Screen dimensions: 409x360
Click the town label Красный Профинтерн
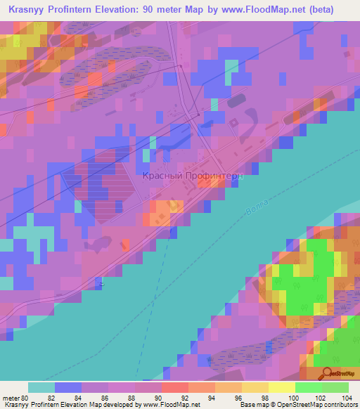[193, 176]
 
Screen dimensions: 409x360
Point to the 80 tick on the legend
[28, 397]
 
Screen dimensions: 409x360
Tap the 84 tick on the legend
[82, 397]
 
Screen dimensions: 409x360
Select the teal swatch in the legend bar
[41, 387]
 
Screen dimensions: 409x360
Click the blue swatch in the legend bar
[68, 387]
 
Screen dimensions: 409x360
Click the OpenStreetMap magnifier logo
[326, 375]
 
